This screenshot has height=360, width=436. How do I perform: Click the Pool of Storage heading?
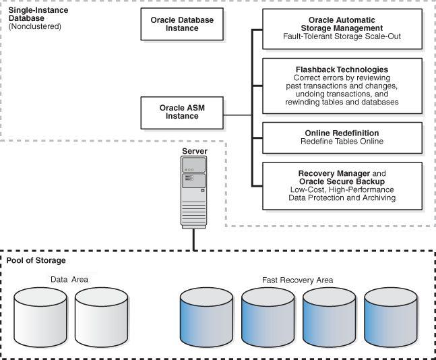[x=36, y=260]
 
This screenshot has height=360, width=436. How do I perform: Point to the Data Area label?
[x=69, y=278]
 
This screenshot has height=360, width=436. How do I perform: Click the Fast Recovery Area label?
[x=297, y=278]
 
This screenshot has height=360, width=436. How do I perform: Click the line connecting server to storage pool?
[x=195, y=239]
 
